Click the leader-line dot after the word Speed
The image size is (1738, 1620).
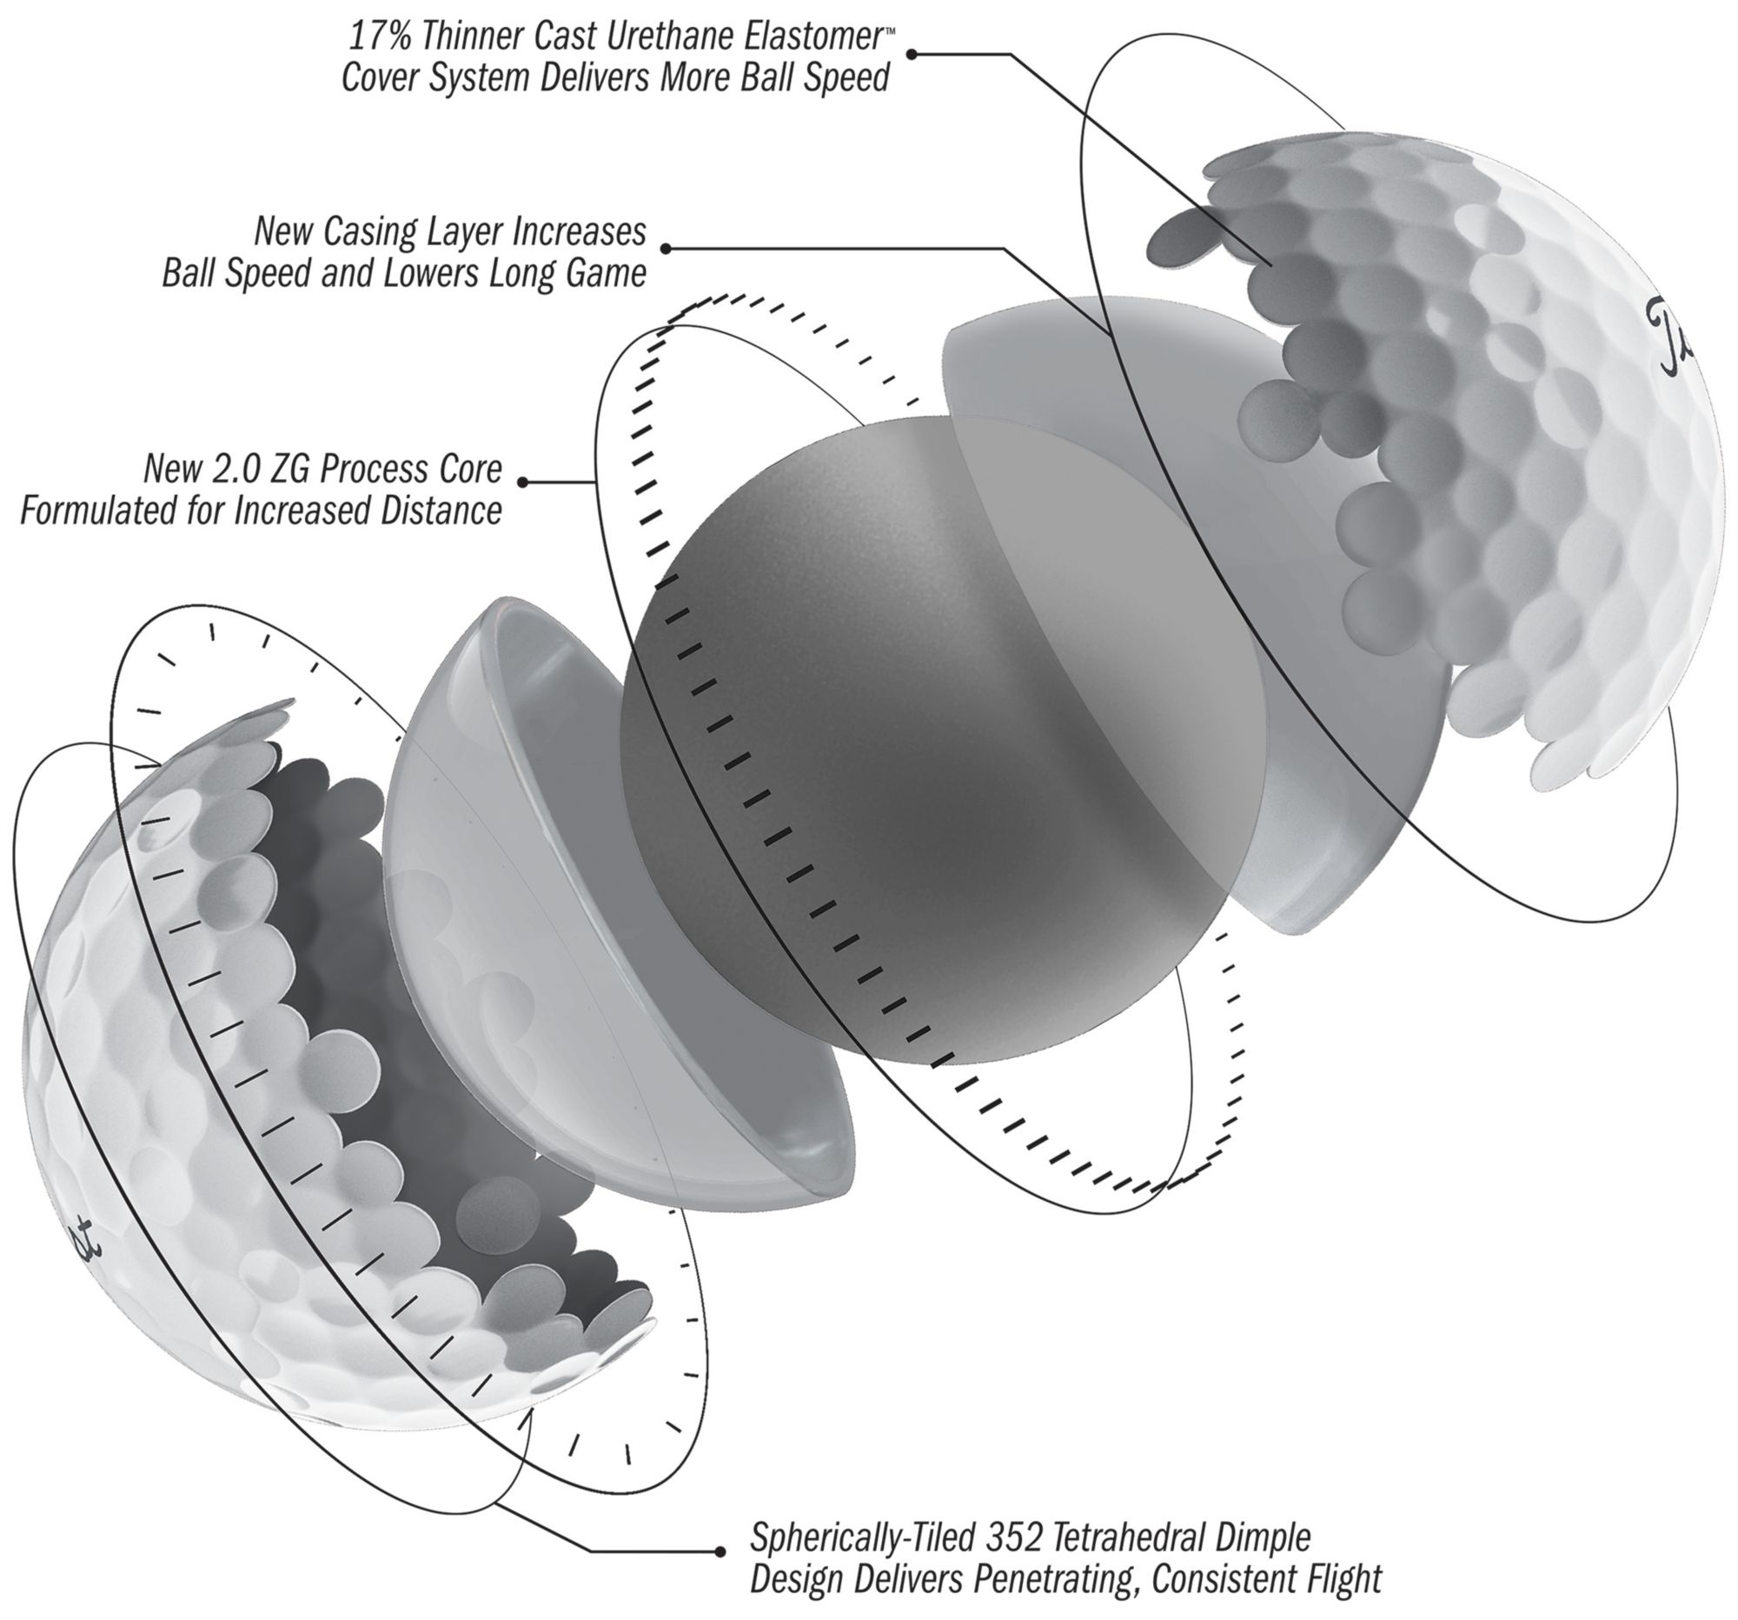pos(911,54)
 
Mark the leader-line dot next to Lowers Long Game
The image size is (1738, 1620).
pos(666,250)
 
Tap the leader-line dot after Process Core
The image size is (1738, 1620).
pos(523,482)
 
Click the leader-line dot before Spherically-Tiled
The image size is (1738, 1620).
pos(720,1552)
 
